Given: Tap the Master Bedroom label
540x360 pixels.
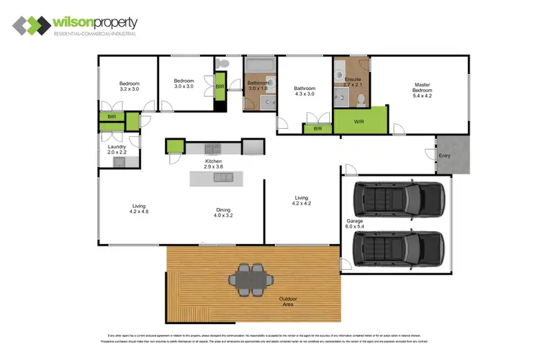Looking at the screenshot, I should [421, 89].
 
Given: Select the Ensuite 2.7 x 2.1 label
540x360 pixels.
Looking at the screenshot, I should [352, 82].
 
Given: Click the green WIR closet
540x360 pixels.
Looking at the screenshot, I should [359, 121].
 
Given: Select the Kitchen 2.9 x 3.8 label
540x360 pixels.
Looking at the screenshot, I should [213, 163].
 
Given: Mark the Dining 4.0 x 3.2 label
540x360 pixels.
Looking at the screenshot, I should [223, 214].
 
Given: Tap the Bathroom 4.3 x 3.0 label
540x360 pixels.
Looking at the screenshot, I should [305, 91].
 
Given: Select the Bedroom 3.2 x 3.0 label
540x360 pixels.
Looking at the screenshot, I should [129, 87].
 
